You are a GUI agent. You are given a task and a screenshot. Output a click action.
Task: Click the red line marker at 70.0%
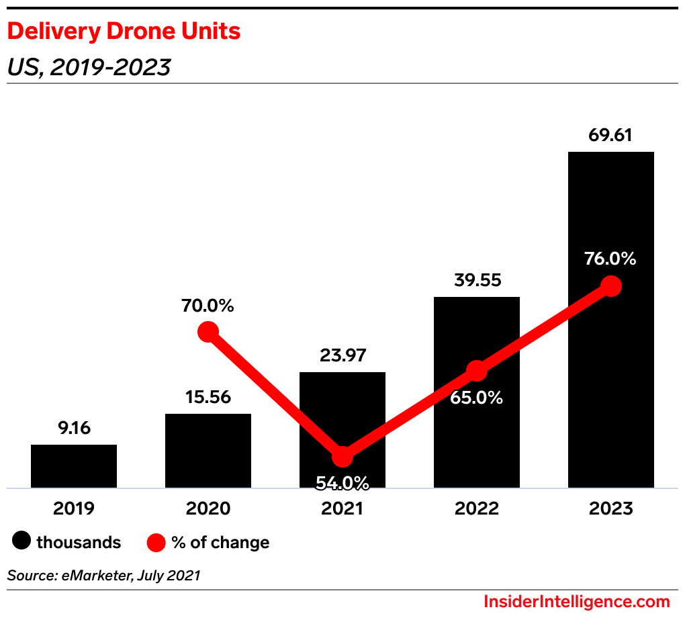[x=208, y=331]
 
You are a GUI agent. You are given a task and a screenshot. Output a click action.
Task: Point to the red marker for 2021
[x=342, y=456]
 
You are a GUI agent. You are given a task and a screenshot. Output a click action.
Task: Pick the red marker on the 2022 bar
[x=476, y=370]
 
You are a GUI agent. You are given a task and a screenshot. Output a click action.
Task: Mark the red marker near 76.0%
[x=610, y=285]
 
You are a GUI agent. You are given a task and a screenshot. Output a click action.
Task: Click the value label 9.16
[x=74, y=427]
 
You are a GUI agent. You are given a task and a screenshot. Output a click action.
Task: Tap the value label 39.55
[x=476, y=279]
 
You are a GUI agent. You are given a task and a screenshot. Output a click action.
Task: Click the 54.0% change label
[x=342, y=482]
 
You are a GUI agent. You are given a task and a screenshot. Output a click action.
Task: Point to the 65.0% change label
[x=476, y=397]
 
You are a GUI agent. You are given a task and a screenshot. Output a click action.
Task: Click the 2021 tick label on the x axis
[x=342, y=509]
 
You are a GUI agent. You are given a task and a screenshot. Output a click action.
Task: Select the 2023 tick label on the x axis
[x=610, y=509]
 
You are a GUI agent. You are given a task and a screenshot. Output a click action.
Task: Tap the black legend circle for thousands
[x=22, y=542]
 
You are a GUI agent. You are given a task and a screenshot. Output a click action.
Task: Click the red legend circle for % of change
[x=156, y=542]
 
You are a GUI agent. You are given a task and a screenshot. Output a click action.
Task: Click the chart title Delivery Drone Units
[x=124, y=31]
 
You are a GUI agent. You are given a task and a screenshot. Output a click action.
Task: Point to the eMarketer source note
[x=103, y=575]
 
